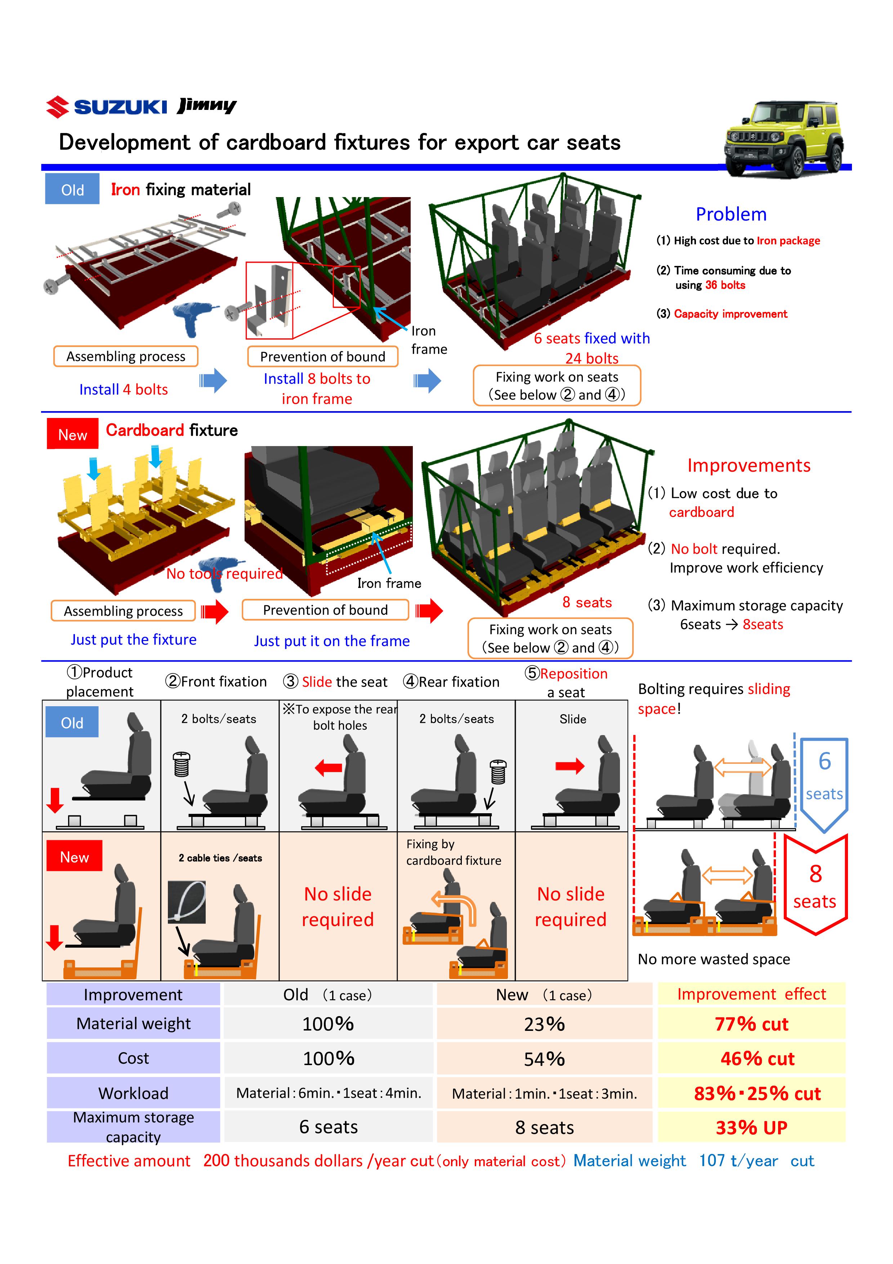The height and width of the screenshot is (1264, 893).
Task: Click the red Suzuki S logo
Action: coord(57,107)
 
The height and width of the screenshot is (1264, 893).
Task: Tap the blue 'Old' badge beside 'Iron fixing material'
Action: coord(72,190)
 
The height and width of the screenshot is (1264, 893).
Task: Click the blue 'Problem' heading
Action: coord(731,214)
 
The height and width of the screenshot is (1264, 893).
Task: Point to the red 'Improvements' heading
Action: coord(748,465)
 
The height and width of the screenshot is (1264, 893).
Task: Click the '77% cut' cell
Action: coord(751,1024)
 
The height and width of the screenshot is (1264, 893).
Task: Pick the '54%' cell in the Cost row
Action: coord(544,1059)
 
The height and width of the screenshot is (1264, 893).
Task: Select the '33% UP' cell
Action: coord(751,1127)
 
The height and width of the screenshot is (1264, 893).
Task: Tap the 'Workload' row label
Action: coord(133,1093)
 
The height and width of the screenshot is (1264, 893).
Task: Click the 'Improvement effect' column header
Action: coord(751,994)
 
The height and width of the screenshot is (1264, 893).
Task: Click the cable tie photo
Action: coord(187,902)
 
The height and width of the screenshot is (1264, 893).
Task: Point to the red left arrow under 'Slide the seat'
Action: coord(329,767)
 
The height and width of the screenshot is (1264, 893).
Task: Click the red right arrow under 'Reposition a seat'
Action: coord(570,766)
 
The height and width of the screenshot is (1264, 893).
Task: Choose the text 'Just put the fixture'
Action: coord(133,639)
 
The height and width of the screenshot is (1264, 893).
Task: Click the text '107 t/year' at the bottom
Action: coord(738,1161)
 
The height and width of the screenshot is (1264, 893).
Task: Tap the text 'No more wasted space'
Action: coord(714,959)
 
